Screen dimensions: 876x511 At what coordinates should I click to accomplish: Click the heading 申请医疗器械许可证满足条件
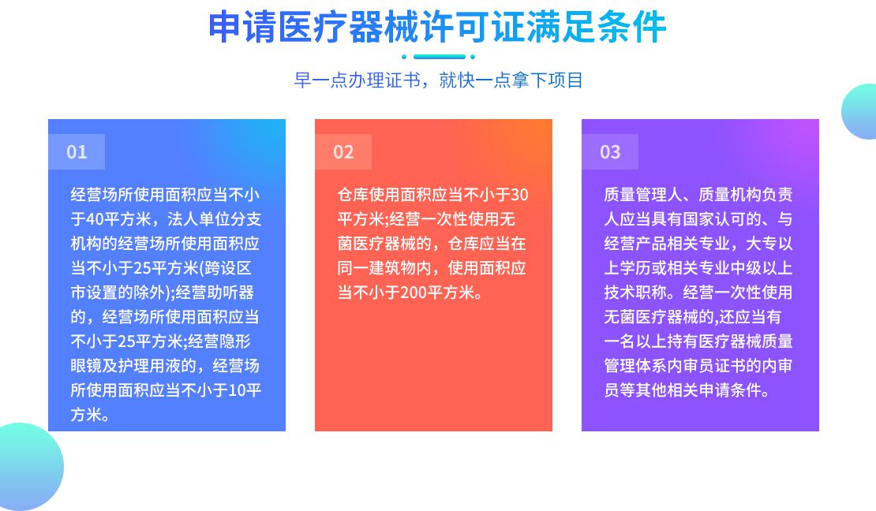pos(437,26)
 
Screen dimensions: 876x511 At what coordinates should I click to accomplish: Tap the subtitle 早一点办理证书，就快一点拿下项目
pos(439,80)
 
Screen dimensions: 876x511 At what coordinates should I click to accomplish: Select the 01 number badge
pos(77,152)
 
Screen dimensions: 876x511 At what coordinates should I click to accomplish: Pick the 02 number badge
pos(343,152)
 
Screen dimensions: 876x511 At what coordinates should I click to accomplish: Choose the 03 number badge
pos(610,152)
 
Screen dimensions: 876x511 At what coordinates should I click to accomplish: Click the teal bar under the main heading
pos(439,57)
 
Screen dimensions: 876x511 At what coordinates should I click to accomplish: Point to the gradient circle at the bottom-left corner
pos(28,467)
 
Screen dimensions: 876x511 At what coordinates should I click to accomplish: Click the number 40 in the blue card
pos(95,219)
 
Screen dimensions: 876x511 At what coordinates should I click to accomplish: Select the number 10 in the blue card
pos(238,390)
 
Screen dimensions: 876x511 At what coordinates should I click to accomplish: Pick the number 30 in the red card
pos(519,195)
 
